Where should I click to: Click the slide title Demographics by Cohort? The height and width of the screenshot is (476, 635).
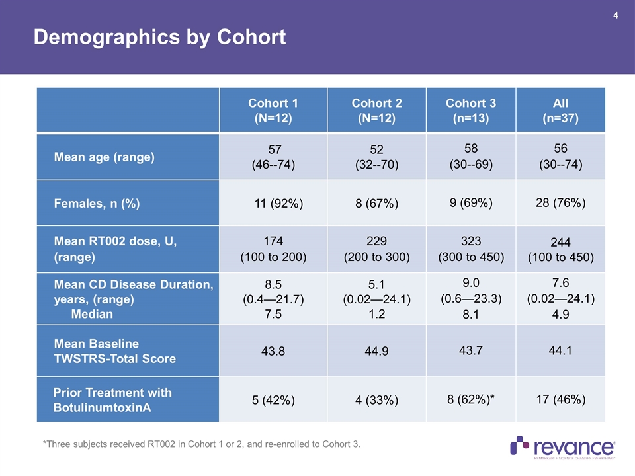tap(159, 38)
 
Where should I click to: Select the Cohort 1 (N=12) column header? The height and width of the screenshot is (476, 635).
tap(273, 110)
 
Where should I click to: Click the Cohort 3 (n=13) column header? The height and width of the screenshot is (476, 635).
tap(470, 110)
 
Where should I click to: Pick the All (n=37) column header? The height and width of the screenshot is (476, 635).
tap(560, 110)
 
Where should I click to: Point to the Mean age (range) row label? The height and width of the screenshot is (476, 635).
tap(104, 157)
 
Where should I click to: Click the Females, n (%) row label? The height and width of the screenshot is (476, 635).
tap(97, 203)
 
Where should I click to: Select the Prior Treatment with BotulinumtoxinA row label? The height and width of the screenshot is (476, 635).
tap(112, 400)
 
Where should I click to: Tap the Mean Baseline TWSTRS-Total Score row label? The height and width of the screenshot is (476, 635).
tap(114, 351)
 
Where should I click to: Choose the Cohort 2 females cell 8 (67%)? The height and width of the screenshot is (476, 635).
tap(376, 204)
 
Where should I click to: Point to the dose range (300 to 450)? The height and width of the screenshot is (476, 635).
tap(470, 256)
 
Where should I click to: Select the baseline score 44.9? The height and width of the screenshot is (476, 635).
tap(376, 352)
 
